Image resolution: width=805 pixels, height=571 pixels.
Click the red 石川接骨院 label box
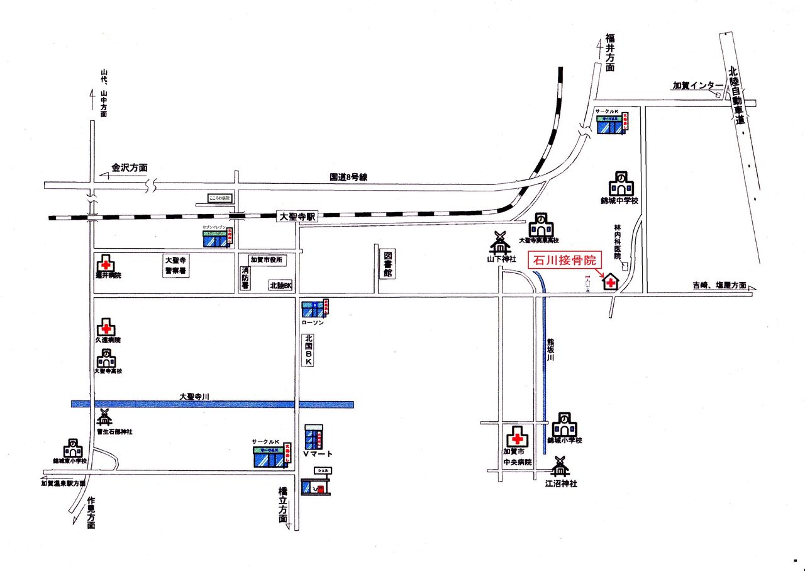[x=563, y=259]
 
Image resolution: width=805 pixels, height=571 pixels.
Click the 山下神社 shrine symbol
[x=501, y=242]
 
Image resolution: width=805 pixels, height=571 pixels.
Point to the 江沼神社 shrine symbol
[x=560, y=466]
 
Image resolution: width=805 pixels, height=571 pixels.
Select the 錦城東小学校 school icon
[x=73, y=448]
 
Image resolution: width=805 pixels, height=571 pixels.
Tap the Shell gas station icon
[x=316, y=486]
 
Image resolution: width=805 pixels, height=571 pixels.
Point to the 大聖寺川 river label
[x=194, y=397]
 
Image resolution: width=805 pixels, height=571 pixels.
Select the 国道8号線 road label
[x=348, y=178]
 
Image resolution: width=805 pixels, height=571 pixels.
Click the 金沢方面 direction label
[x=130, y=168]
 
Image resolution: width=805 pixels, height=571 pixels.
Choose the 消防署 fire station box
[x=245, y=278]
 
